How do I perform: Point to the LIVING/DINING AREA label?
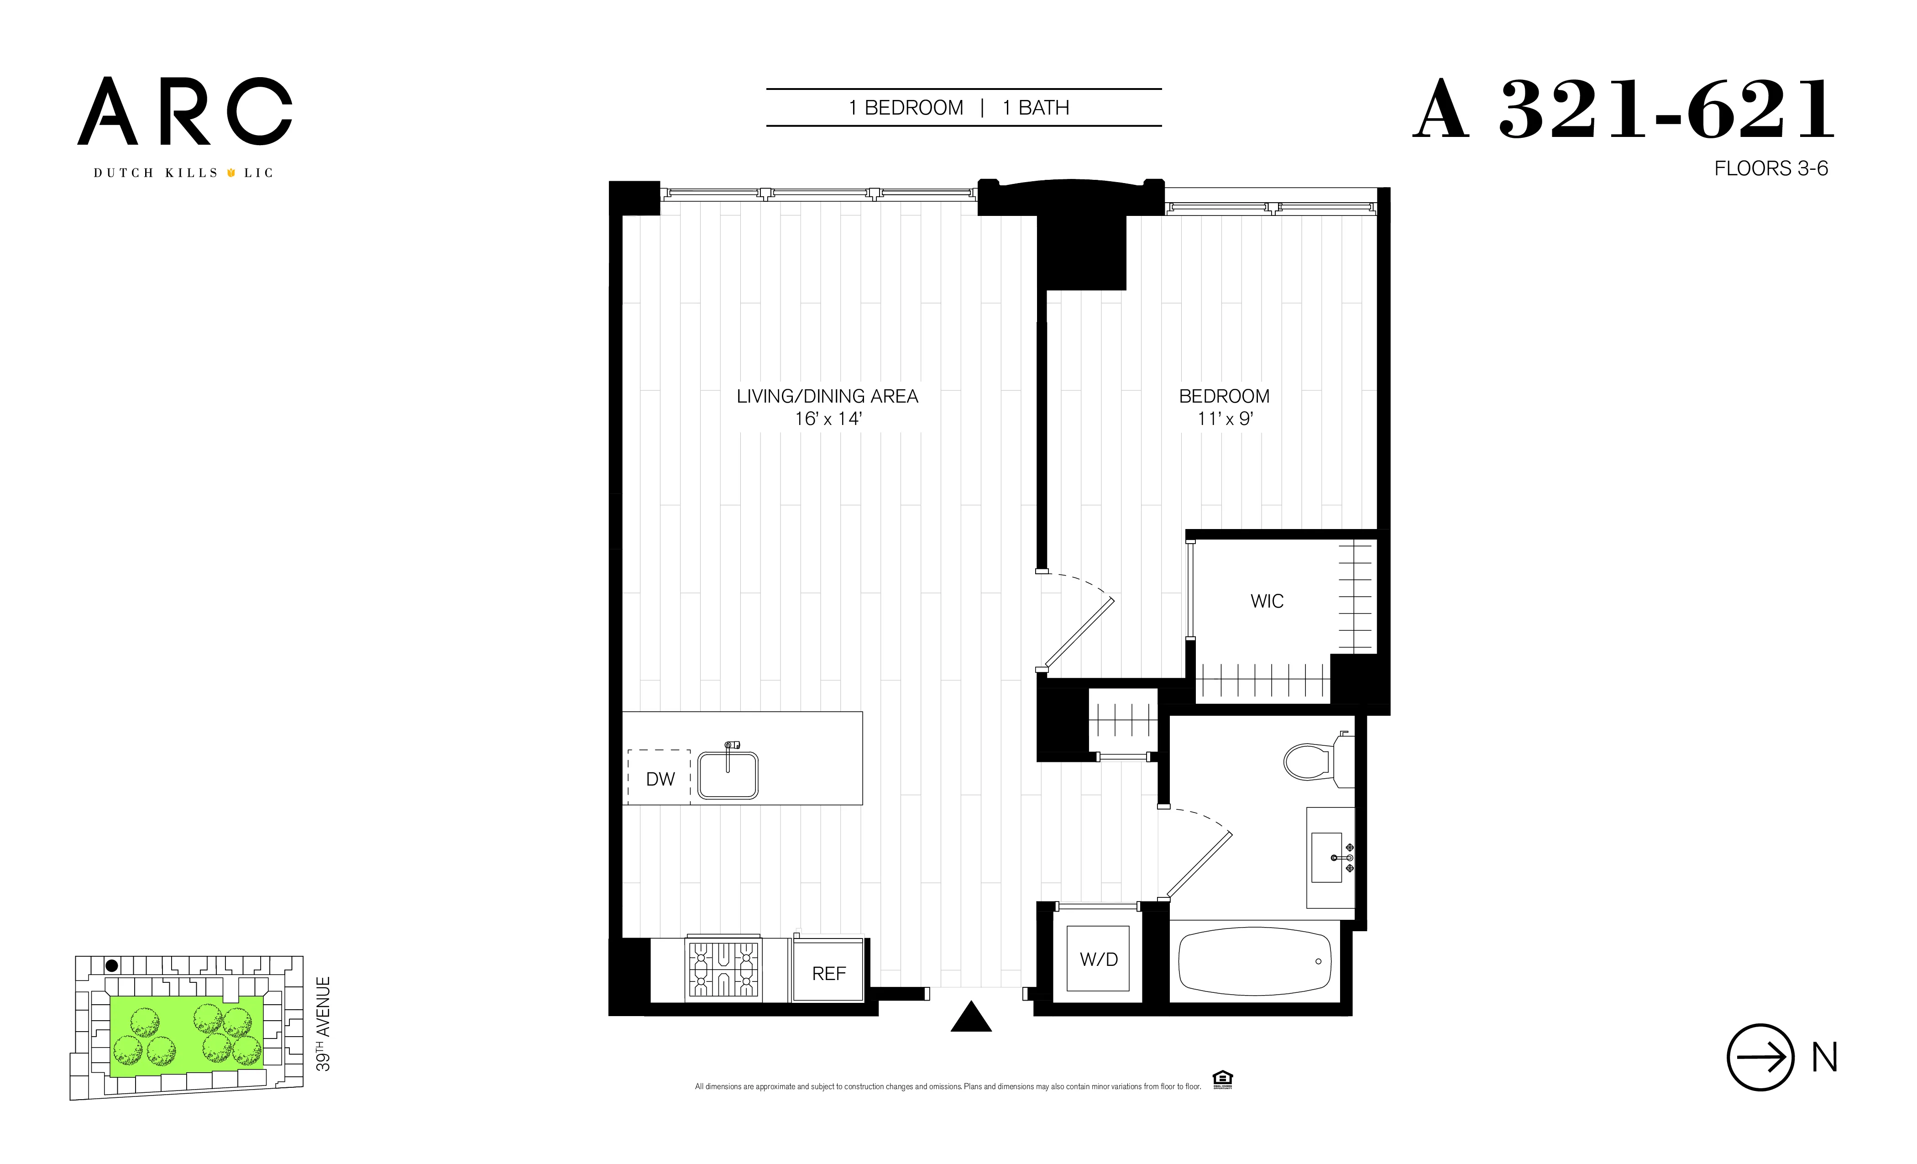(827, 397)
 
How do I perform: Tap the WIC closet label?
(1267, 602)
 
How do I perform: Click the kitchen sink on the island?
(728, 775)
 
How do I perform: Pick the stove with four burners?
(723, 970)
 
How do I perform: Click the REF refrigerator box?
(828, 973)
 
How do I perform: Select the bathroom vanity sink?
(1329, 857)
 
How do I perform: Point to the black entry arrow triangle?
(971, 1018)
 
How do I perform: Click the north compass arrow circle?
(1760, 1057)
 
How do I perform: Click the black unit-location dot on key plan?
(112, 965)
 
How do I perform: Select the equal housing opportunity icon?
(1222, 1079)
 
